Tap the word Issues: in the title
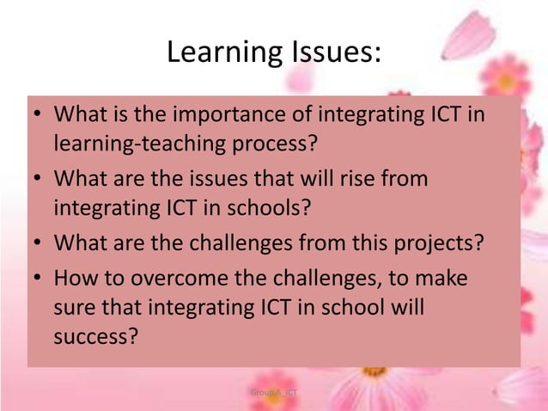pyautogui.click(x=328, y=52)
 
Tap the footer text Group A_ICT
pyautogui.click(x=273, y=392)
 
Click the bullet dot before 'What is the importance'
pyautogui.click(x=39, y=115)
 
